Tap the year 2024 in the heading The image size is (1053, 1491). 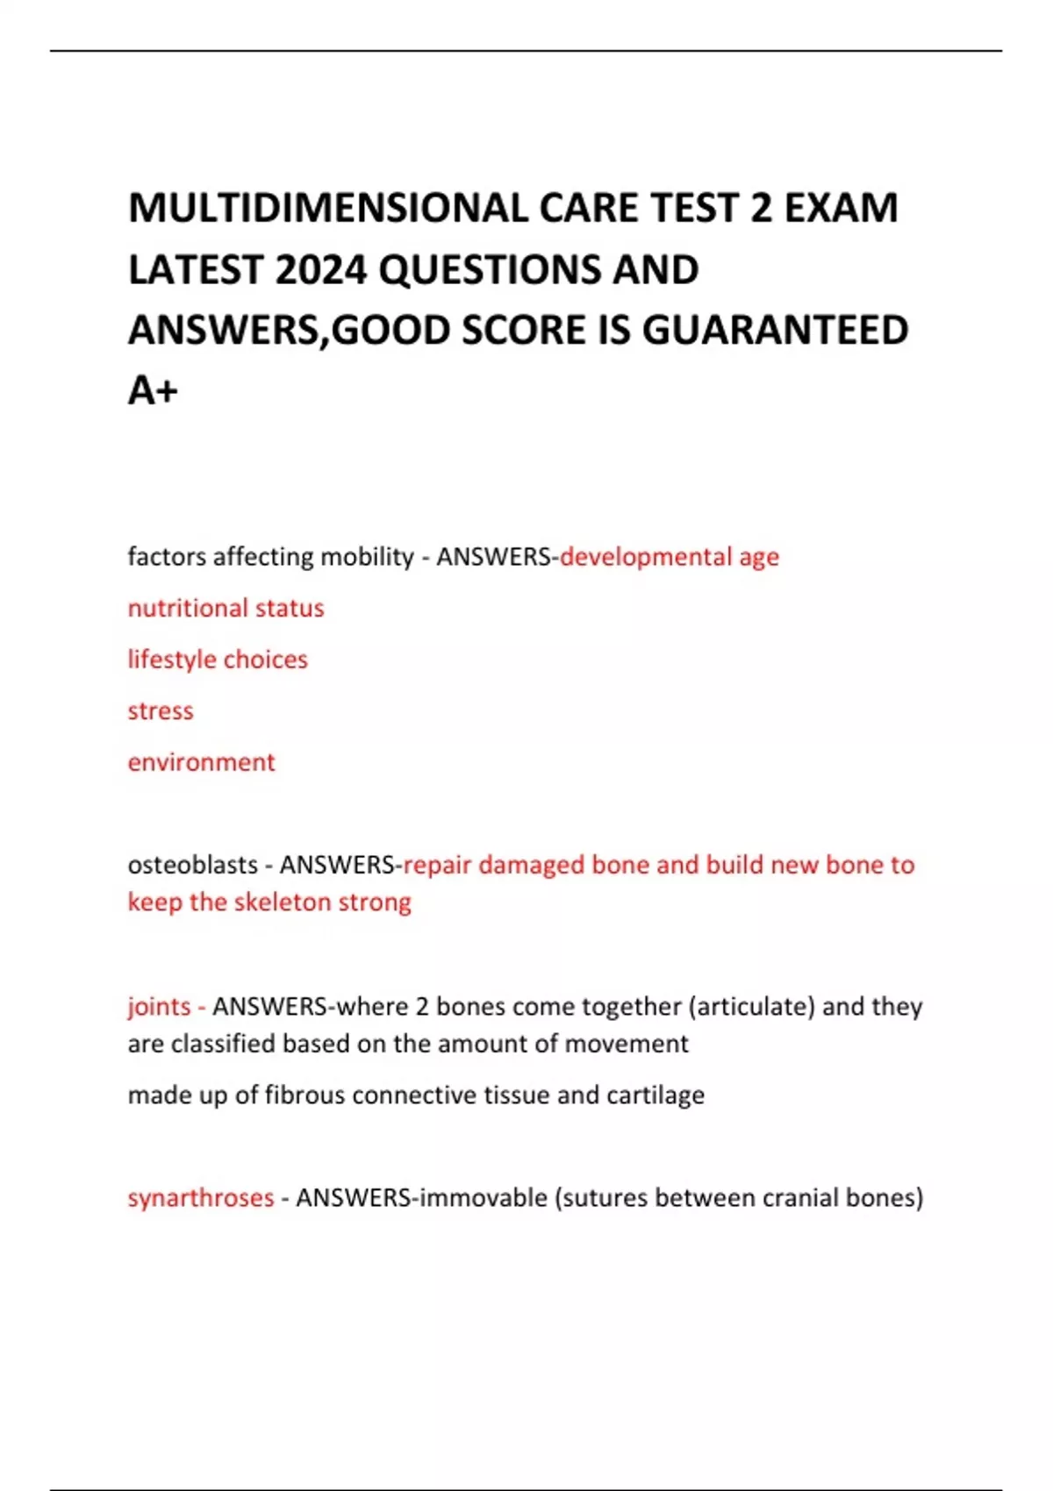320,270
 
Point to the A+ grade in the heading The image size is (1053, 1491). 153,391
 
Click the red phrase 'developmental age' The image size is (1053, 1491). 670,557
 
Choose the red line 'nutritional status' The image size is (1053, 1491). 226,608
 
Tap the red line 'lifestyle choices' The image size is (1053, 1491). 218,660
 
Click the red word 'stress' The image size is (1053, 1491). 160,710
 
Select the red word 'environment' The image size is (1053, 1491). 201,762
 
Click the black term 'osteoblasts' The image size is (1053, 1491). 192,865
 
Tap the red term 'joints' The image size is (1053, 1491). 159,1006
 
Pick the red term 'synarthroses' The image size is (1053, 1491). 201,1198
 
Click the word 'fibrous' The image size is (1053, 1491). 304,1095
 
